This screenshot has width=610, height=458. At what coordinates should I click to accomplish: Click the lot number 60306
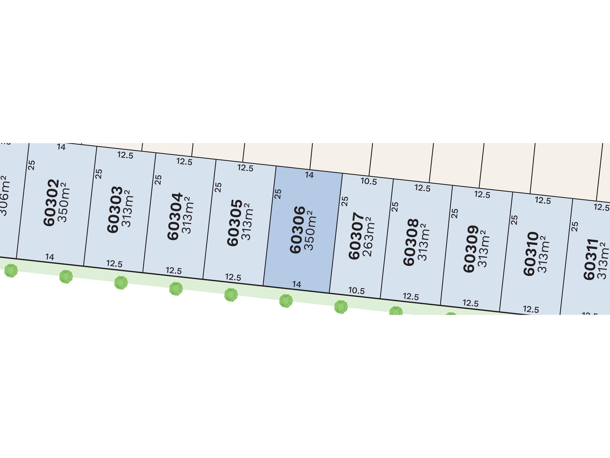tap(297, 230)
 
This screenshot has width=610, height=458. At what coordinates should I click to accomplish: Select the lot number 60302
tap(51, 203)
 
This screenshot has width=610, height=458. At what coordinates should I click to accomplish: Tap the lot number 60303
tap(114, 210)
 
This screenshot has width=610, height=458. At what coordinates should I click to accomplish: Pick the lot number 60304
tap(175, 216)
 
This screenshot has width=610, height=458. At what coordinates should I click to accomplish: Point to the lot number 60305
tap(234, 223)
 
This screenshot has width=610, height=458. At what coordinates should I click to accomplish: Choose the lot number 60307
tap(356, 236)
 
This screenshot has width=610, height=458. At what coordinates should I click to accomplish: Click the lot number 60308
tap(411, 242)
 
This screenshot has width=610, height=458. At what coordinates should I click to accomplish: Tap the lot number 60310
tap(530, 254)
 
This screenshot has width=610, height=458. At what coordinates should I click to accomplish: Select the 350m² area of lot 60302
tap(63, 202)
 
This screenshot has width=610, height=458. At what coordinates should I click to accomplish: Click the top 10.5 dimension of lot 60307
tap(369, 181)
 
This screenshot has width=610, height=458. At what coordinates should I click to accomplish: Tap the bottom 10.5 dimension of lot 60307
tap(356, 290)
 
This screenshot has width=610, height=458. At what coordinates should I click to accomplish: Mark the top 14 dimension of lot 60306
tap(309, 175)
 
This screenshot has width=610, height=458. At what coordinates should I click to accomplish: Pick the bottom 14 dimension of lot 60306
tap(297, 284)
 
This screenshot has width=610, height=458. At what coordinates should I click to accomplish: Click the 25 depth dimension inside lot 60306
tap(278, 194)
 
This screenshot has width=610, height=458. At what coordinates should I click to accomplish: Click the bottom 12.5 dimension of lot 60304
tap(173, 271)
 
